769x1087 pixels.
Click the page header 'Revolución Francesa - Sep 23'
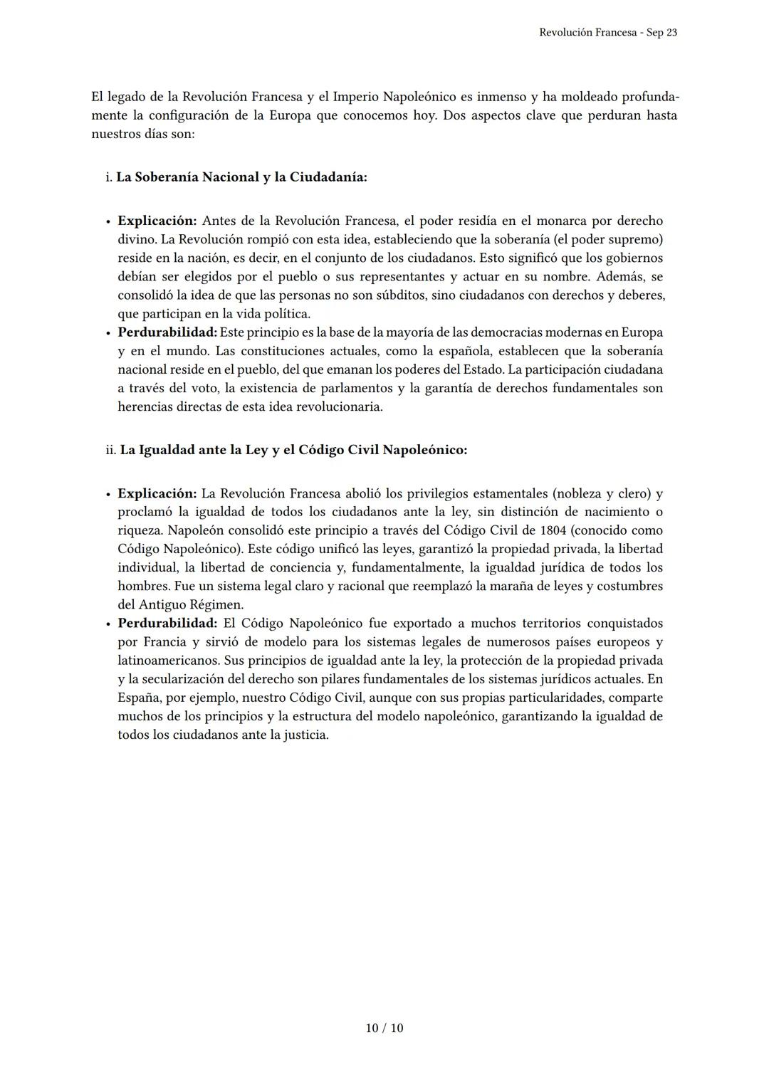[x=607, y=33]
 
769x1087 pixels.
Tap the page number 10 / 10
[x=384, y=1028]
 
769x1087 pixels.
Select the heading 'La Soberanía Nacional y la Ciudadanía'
[x=241, y=177]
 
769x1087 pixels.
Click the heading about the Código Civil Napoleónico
[x=293, y=450]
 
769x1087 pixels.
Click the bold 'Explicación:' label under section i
[x=157, y=221]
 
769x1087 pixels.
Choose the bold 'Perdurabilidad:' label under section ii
[x=167, y=623]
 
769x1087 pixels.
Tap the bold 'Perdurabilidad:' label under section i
[x=167, y=332]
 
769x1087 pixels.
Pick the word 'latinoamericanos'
[x=169, y=661]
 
